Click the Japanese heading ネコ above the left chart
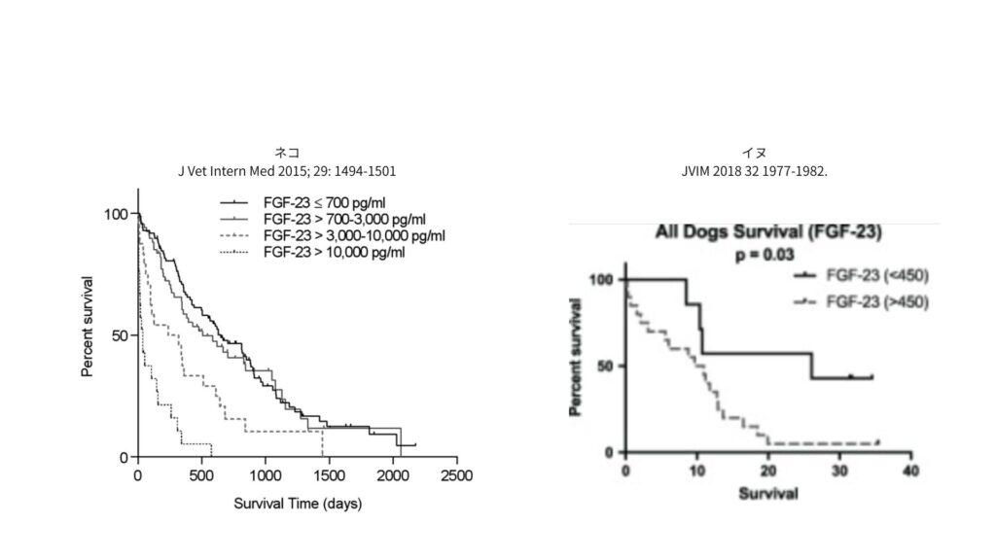coord(287,154)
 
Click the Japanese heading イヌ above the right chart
coord(754,154)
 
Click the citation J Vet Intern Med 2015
coord(287,171)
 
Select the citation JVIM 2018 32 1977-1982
coord(754,171)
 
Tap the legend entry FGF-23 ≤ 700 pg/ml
coord(322,202)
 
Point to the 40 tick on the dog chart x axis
coord(910,472)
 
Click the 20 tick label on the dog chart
coord(768,472)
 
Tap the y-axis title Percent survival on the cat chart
coord(88,326)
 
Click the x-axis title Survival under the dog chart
coord(767,493)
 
